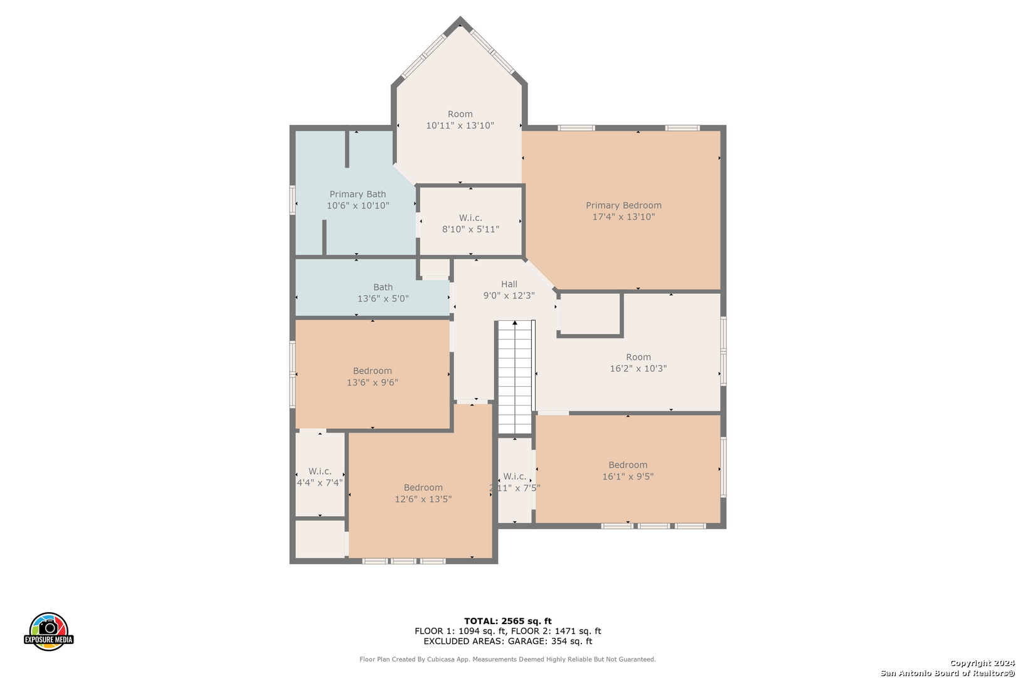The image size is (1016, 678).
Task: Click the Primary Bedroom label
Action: pos(623,205)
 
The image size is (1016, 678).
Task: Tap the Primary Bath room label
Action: pos(358,195)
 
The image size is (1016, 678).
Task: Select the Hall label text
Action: pos(509,284)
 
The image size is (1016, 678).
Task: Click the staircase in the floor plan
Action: pos(515,377)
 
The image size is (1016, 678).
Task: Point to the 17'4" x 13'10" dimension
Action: pos(623,217)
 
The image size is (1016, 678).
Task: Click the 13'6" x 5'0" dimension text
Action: pos(383,299)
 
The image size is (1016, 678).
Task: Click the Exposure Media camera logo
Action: pos(48,631)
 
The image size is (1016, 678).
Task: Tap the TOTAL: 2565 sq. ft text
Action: pos(507,621)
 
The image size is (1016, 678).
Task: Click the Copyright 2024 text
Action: pos(982,664)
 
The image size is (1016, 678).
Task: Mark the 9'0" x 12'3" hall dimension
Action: pos(509,296)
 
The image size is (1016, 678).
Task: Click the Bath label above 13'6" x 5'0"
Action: pos(383,288)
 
